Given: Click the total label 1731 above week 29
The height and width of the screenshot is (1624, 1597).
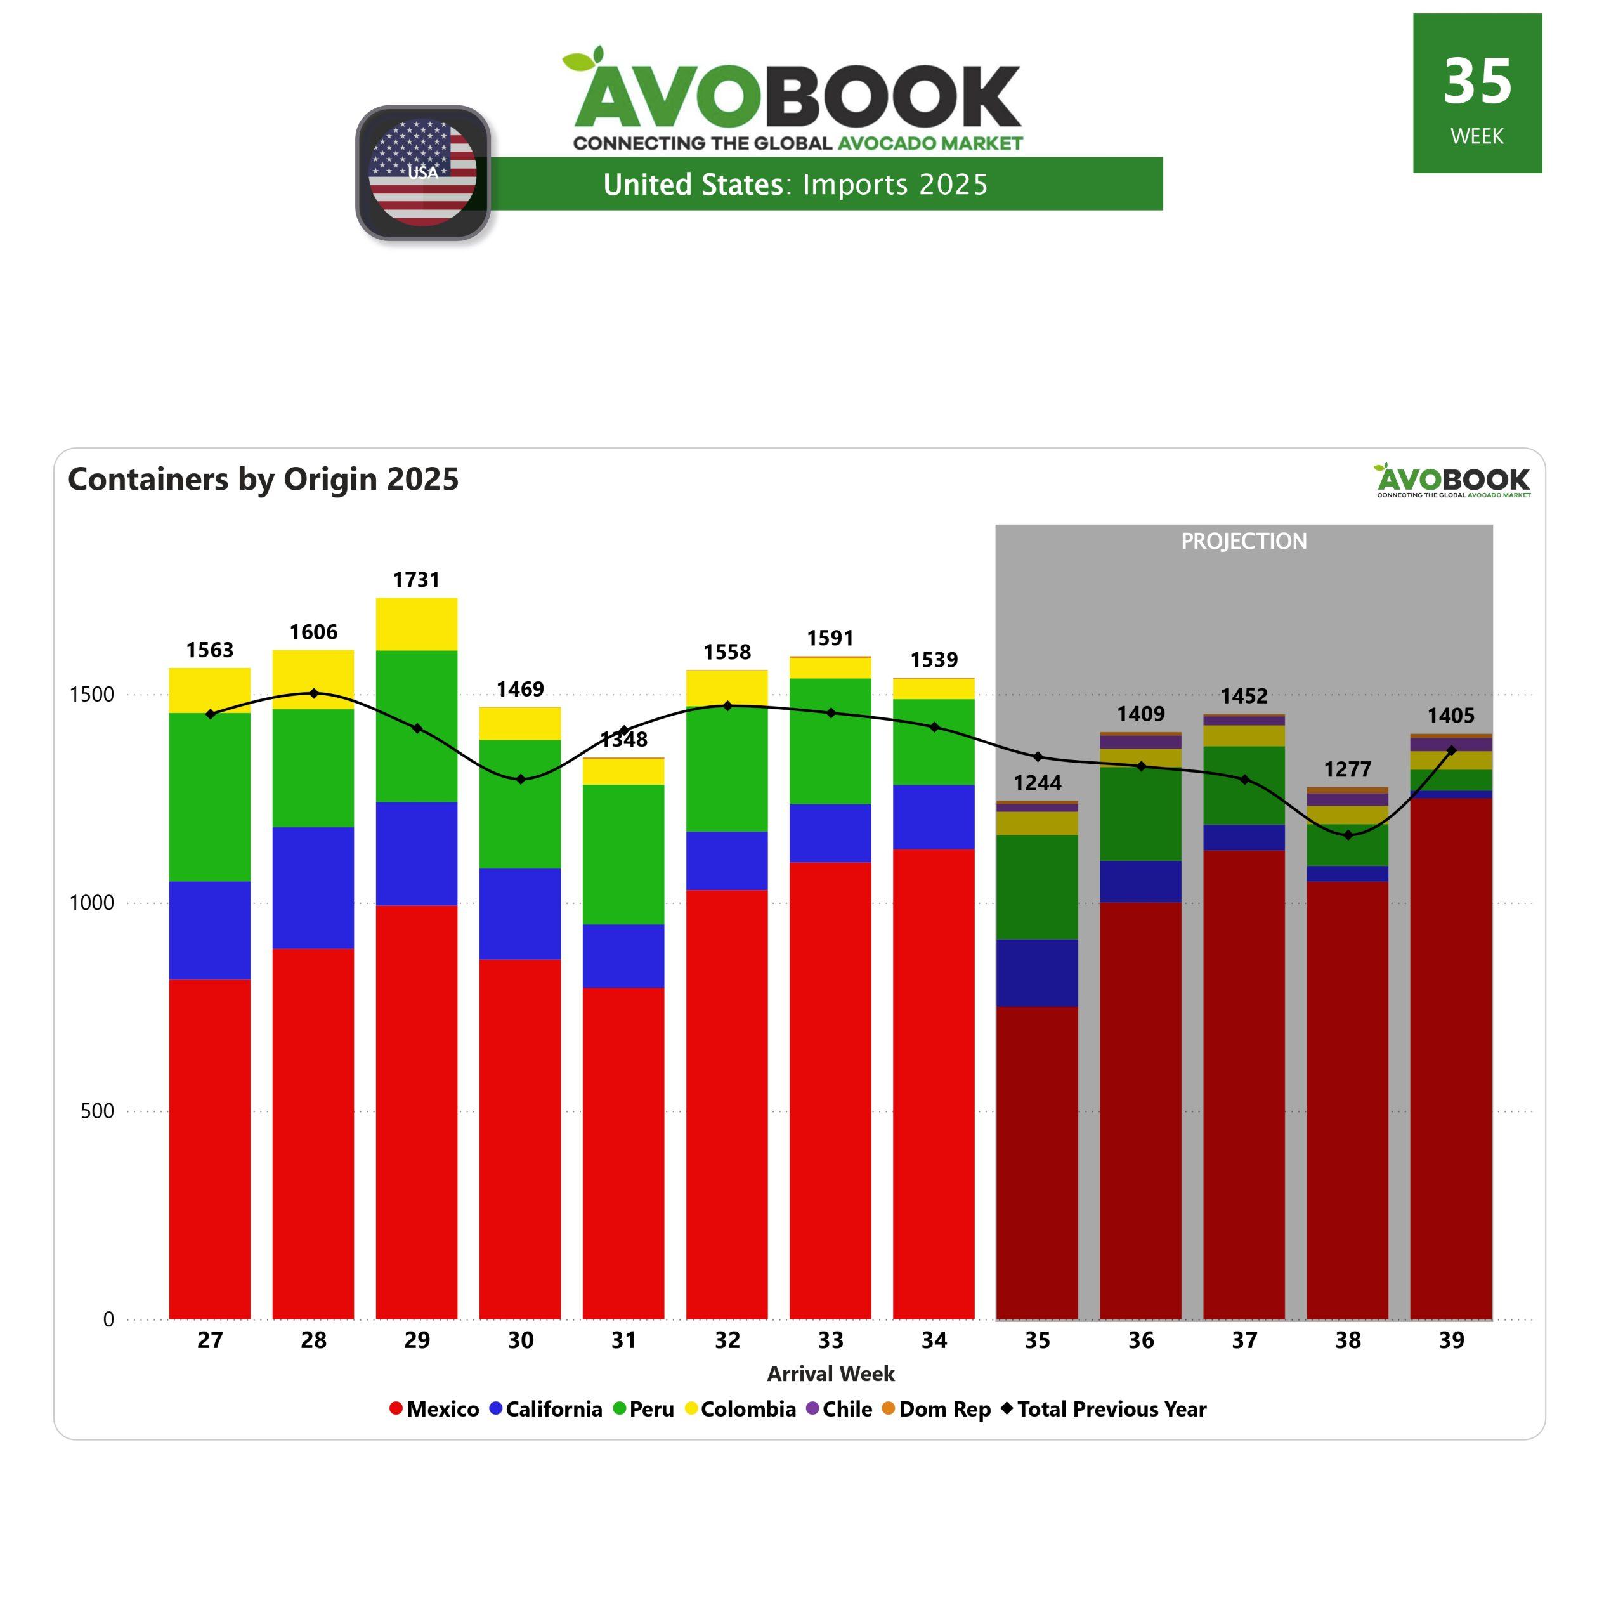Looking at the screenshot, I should tap(416, 580).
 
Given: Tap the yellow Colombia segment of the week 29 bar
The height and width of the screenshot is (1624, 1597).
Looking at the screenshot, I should tap(416, 624).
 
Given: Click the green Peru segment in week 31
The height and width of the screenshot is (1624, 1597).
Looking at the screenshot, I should tap(623, 854).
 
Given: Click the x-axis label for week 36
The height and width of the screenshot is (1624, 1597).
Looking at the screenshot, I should tap(1141, 1340).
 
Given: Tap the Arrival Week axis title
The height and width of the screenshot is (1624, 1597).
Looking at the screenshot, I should tap(830, 1374).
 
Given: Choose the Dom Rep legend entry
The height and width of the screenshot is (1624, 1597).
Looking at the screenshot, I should tap(936, 1409).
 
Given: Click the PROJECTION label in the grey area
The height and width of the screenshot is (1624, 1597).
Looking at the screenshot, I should tap(1244, 541).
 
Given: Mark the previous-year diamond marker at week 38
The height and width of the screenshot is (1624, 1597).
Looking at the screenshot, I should tap(1348, 835).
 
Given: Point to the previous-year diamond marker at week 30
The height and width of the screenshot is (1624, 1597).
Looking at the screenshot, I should tap(520, 779).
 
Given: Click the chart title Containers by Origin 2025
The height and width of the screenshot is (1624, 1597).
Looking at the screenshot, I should tap(263, 479).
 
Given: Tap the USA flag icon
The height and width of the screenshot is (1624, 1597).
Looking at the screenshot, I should tap(423, 173).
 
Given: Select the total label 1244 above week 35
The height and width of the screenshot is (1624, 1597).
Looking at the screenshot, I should tap(1038, 783).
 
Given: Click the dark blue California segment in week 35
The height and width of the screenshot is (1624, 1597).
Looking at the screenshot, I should tap(1038, 973).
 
